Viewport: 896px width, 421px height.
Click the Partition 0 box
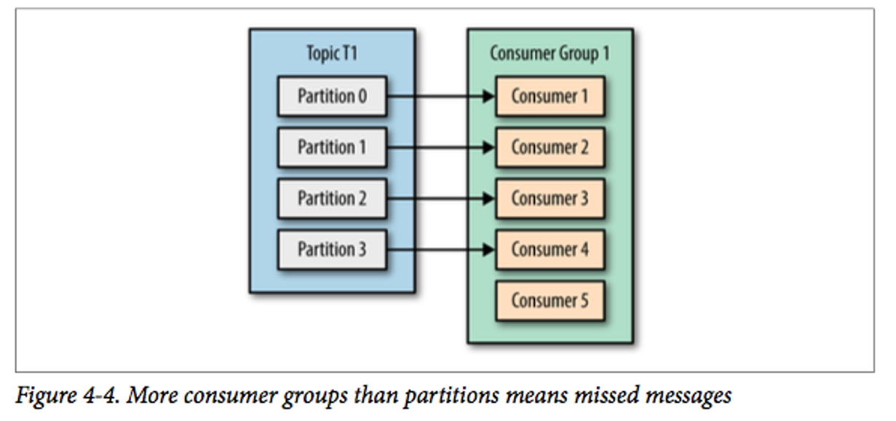click(x=332, y=96)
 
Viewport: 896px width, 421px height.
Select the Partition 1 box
click(x=332, y=147)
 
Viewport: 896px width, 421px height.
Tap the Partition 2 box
click(x=332, y=198)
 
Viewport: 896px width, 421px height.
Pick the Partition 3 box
click(x=332, y=249)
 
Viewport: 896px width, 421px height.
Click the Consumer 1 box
click(x=550, y=96)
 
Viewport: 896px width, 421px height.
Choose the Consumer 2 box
click(x=550, y=147)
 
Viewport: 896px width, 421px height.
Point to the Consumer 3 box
click(x=550, y=198)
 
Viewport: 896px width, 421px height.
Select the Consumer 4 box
click(x=550, y=249)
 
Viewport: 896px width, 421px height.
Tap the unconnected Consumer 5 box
click(x=550, y=300)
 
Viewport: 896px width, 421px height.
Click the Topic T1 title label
click(x=332, y=53)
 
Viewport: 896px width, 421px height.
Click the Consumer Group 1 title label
click(x=550, y=53)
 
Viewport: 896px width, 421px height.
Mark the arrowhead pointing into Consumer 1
click(x=488, y=96)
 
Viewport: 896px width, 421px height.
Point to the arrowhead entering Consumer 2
click(x=488, y=147)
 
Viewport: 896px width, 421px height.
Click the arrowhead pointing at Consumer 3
click(x=488, y=198)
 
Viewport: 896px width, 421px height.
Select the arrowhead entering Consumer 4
click(x=488, y=249)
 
